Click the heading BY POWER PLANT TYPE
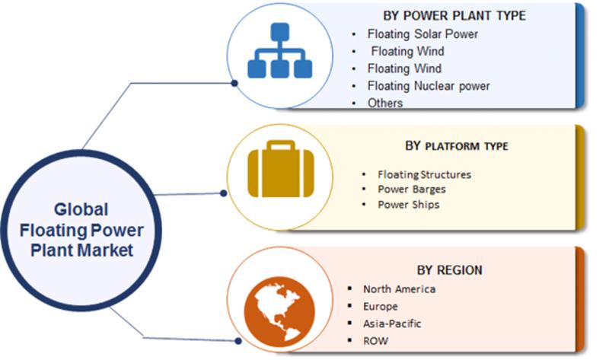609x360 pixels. click(x=454, y=15)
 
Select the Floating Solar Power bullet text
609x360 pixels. click(x=422, y=33)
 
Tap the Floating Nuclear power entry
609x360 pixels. click(x=429, y=86)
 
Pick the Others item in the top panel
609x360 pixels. click(x=385, y=103)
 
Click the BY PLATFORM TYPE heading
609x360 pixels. click(x=456, y=146)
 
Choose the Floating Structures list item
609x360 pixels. click(x=424, y=174)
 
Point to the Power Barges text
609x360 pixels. click(x=412, y=189)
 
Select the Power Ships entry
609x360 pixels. click(x=409, y=204)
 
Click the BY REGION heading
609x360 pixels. click(x=449, y=270)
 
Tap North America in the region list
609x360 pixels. click(x=399, y=289)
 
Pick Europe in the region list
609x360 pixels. click(x=380, y=307)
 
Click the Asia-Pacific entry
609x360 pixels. click(x=392, y=323)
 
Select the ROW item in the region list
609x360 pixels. click(x=375, y=341)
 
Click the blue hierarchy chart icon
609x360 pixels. click(x=279, y=50)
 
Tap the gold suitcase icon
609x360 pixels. click(x=280, y=168)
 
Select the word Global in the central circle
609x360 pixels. click(x=81, y=209)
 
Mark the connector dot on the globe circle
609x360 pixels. click(x=238, y=341)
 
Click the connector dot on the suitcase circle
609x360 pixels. click(x=223, y=193)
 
